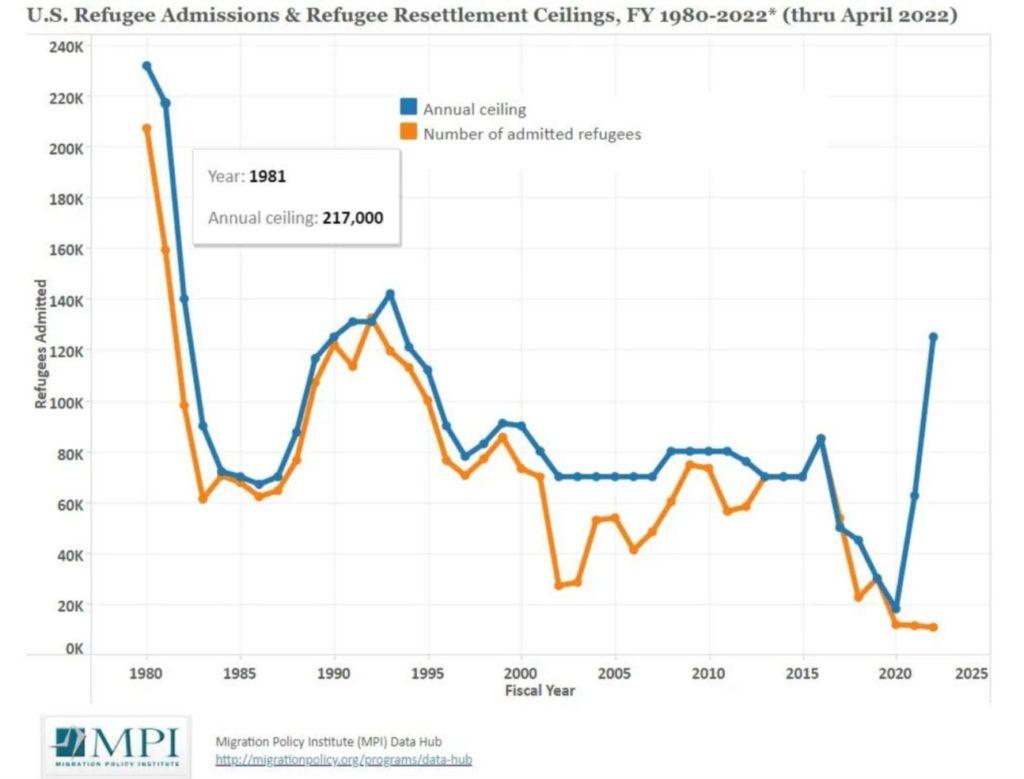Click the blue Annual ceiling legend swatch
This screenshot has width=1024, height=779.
pos(408,108)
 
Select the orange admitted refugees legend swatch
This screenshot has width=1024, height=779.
pos(408,132)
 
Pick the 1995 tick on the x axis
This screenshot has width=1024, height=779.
pos(428,672)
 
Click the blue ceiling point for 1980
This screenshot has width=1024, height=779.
pos(147,66)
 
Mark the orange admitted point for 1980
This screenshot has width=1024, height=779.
pos(147,128)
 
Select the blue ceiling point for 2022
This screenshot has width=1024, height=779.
pos(933,337)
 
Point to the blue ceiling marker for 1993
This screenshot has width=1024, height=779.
pos(390,294)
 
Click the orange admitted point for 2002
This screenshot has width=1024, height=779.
pos(559,585)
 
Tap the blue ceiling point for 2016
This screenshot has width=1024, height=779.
pos(821,439)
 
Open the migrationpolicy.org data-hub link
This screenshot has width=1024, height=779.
pos(343,760)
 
